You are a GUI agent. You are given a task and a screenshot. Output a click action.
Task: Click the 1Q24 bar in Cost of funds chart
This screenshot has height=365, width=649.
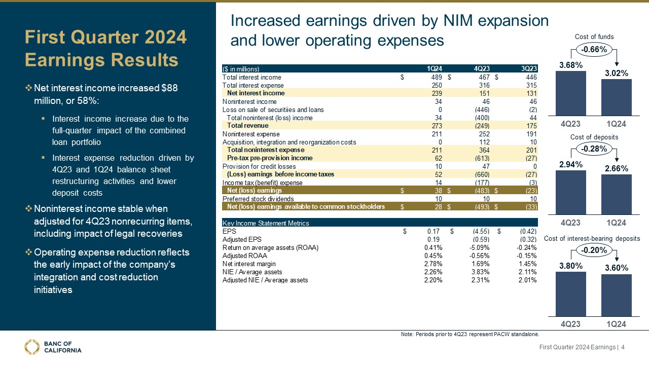click(616, 97)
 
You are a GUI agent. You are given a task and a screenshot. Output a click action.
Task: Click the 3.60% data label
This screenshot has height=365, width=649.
click(616, 268)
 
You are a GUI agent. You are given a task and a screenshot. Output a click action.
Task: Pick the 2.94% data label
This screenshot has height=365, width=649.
click(571, 164)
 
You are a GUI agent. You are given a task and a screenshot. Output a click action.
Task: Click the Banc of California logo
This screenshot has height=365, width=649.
click(53, 346)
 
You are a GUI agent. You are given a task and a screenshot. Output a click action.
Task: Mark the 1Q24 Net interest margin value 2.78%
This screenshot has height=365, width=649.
click(433, 264)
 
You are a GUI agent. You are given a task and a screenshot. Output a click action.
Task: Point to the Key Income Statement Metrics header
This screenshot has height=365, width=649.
click(266, 223)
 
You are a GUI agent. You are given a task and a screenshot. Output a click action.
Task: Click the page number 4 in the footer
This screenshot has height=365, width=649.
click(623, 347)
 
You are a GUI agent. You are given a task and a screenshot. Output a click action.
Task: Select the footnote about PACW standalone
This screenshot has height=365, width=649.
click(470, 334)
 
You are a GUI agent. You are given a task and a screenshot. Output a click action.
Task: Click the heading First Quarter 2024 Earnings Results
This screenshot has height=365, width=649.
click(106, 49)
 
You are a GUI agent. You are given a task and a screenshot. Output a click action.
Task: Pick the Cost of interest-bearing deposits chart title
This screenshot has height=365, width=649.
click(592, 238)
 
